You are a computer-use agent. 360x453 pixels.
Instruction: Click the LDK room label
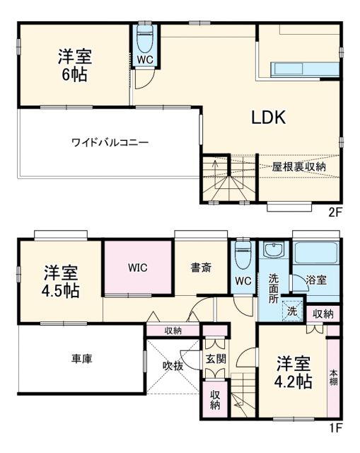coord(269,118)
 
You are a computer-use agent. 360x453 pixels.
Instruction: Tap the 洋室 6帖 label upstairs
coord(74,65)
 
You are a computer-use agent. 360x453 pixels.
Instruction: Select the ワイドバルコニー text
coord(110,142)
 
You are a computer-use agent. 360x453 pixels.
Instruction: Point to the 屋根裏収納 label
coord(299,166)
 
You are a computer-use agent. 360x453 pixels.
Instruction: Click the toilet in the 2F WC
coord(144,37)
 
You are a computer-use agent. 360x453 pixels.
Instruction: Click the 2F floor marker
coord(336,211)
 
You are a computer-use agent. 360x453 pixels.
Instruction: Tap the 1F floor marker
coord(336,428)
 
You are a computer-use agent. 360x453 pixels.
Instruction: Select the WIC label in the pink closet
coord(138,268)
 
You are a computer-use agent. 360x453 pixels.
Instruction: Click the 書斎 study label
coord(200,268)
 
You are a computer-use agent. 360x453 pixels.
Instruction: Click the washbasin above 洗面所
coord(273,251)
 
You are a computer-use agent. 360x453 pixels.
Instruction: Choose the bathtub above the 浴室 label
coord(315,254)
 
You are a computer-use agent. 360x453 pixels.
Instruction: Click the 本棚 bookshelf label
coord(333,377)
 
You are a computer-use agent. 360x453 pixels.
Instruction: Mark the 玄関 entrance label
coord(216,359)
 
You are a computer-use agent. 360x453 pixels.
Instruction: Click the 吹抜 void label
coord(173,365)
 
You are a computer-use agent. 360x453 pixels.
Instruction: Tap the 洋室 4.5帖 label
coord(62,281)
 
